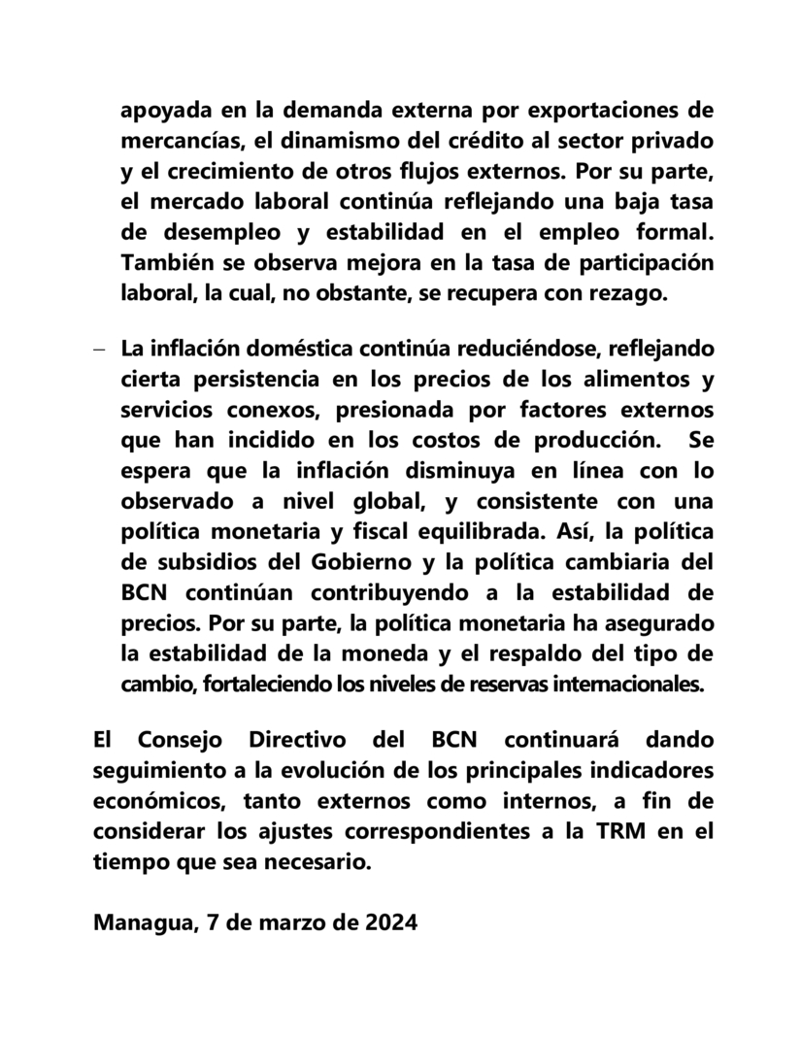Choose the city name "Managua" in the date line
[143, 923]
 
